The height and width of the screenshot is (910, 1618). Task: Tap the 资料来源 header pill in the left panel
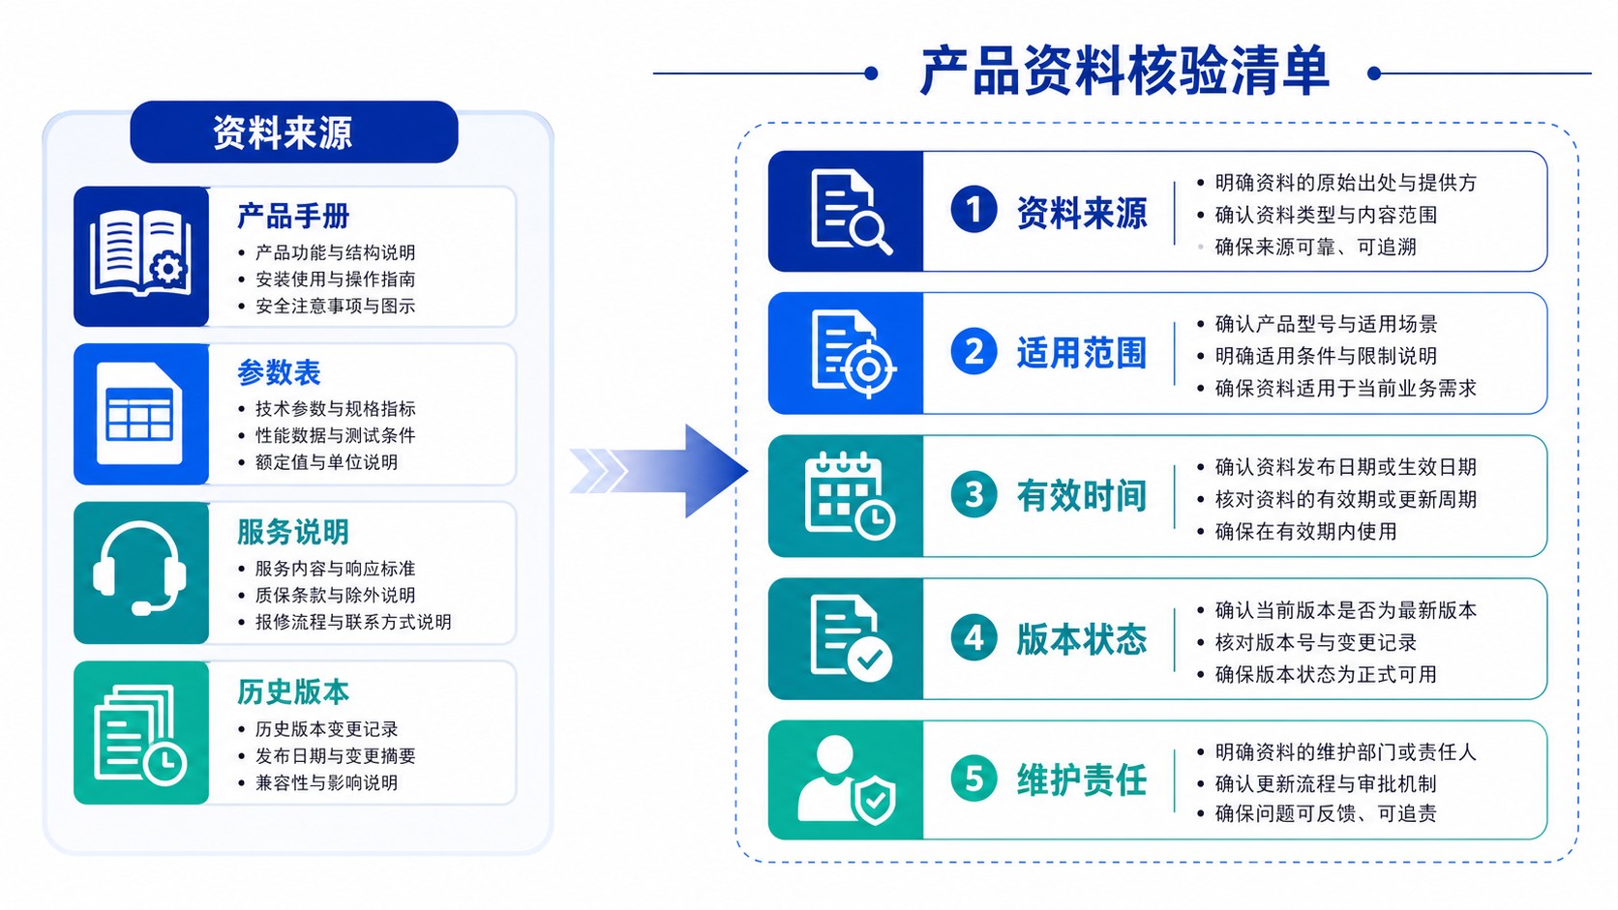[x=294, y=132]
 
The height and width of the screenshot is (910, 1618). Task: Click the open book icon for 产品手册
[x=140, y=253]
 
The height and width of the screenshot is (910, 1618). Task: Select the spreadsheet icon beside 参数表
[x=139, y=414]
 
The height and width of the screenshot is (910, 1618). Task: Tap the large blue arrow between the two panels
[x=659, y=471]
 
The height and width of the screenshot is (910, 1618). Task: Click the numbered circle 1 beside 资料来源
[x=974, y=210]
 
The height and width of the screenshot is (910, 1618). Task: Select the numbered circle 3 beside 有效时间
[x=974, y=495]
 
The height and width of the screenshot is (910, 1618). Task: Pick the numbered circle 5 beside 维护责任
[x=974, y=779]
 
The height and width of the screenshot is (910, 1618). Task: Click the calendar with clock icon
[x=850, y=496]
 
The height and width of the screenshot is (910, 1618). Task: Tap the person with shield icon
[x=847, y=780]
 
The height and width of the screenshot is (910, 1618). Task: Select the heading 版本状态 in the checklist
[x=1082, y=639]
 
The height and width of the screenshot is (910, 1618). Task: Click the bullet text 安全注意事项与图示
[x=335, y=306]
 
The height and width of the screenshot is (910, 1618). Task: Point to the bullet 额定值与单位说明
[x=326, y=462]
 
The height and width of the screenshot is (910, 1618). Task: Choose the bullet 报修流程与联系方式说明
[x=353, y=622]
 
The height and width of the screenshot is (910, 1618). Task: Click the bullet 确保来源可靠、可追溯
[x=1315, y=247]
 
